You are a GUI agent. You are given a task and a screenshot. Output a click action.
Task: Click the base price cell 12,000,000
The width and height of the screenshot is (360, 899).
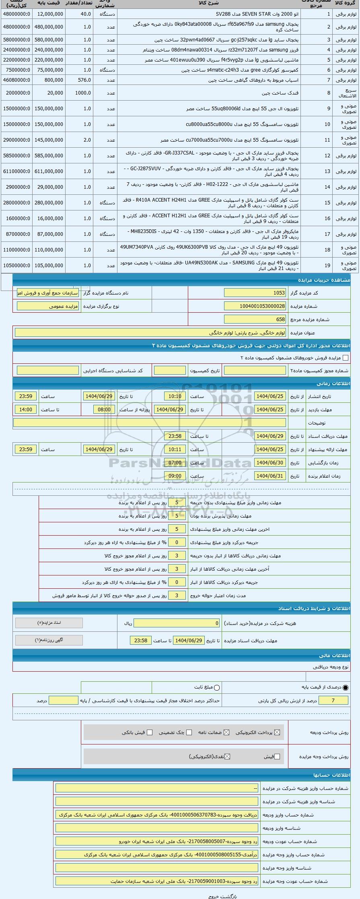coord(50,14)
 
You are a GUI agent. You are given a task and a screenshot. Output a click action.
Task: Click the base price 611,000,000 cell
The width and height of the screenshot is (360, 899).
coord(50,171)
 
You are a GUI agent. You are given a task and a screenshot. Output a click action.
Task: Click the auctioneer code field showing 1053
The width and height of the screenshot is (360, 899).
coord(255,293)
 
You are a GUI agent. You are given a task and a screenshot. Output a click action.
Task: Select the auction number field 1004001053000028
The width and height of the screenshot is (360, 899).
coord(255,306)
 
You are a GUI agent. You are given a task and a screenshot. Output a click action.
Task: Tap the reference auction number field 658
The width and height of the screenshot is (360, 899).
coord(255,320)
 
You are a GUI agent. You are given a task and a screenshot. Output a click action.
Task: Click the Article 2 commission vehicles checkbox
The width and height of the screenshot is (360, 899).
coord(345,358)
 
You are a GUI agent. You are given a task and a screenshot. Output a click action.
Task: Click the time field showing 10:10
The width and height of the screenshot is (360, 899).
coord(175,396)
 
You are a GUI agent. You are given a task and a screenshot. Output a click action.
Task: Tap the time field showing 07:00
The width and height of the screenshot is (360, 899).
coord(175,463)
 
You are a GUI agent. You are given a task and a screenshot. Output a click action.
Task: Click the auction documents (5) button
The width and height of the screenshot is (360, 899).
coord(49,623)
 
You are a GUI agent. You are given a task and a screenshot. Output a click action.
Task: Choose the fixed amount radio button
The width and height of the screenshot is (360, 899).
coord(217,688)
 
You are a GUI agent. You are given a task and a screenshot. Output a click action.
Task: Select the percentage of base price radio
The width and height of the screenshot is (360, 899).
coord(346,688)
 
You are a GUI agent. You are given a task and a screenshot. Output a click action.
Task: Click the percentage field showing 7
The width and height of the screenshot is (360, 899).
coord(333,701)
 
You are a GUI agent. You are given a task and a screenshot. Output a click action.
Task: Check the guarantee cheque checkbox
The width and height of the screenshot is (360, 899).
coord(189,732)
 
